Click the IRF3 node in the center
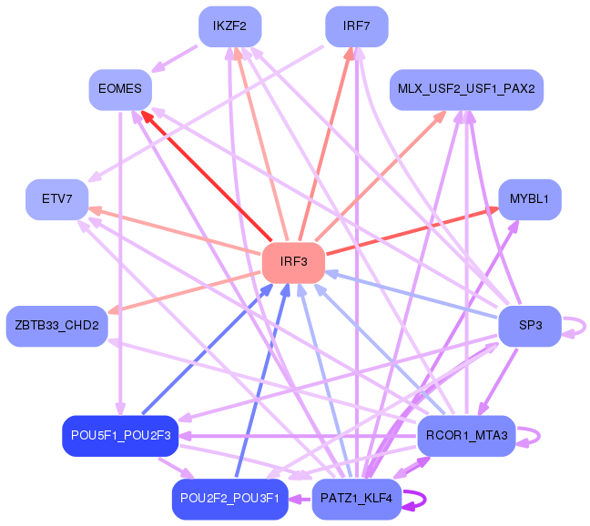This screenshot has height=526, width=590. [293, 262]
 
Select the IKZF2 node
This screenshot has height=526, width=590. [230, 26]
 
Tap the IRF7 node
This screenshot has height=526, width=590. [357, 26]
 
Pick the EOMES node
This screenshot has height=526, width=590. [120, 89]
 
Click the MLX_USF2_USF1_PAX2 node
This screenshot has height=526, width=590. [466, 89]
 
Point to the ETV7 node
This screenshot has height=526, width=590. [56, 199]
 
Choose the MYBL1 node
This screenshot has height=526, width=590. [530, 199]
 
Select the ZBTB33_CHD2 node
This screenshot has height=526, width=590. [56, 326]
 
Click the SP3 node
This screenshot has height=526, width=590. [530, 326]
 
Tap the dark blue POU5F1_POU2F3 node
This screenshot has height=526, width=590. [120, 436]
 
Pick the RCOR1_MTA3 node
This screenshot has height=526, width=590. [466, 436]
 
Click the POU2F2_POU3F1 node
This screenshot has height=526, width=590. [230, 499]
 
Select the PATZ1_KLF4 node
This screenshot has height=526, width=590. [357, 499]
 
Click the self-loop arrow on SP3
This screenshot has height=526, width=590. [585, 327]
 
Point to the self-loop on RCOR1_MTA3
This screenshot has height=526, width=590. [540, 436]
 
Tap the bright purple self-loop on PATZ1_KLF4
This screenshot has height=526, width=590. [425, 500]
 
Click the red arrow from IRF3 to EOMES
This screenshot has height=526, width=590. [206, 176]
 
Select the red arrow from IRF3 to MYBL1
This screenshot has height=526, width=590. [412, 231]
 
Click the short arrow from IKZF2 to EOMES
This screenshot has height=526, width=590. [174, 58]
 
